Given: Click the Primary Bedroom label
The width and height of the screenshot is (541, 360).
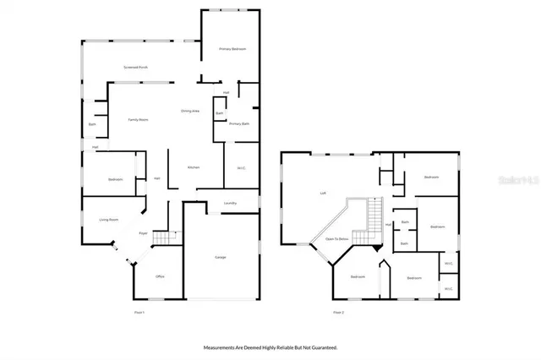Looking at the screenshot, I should (x=232, y=49).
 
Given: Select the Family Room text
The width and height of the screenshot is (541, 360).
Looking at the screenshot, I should (x=139, y=120).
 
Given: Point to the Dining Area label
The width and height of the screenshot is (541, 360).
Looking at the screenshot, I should (x=190, y=111).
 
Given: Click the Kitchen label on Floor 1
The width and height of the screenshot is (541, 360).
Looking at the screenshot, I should (x=193, y=168).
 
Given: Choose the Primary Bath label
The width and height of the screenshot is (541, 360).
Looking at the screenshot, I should (x=238, y=124).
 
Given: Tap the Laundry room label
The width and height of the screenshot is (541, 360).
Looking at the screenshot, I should (x=229, y=203).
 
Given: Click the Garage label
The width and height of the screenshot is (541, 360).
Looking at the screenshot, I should (x=220, y=257).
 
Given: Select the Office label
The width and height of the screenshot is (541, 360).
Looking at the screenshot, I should (x=160, y=276).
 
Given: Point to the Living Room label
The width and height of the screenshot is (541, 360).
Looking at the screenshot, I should (x=108, y=220).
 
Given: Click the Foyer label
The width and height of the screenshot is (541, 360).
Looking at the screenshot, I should (x=144, y=232).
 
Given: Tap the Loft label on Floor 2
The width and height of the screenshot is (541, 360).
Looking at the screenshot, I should (x=323, y=193).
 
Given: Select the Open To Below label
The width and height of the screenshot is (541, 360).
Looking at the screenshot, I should (x=337, y=239).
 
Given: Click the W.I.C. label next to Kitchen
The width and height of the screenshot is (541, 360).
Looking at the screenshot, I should (x=241, y=168).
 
